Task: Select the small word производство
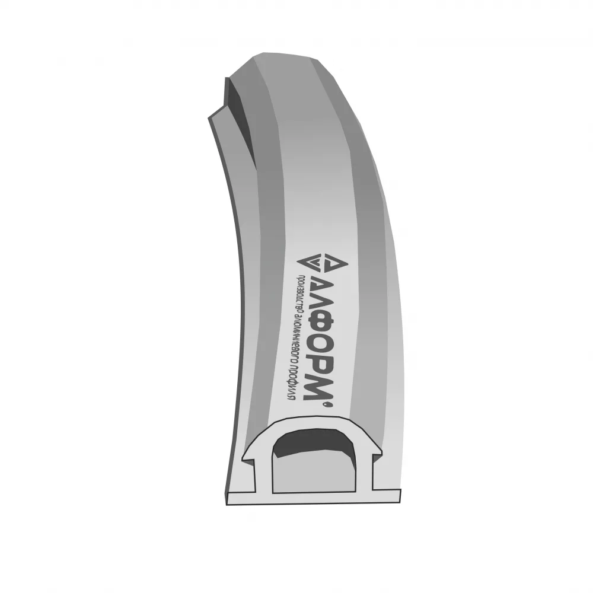[x=298, y=292]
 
